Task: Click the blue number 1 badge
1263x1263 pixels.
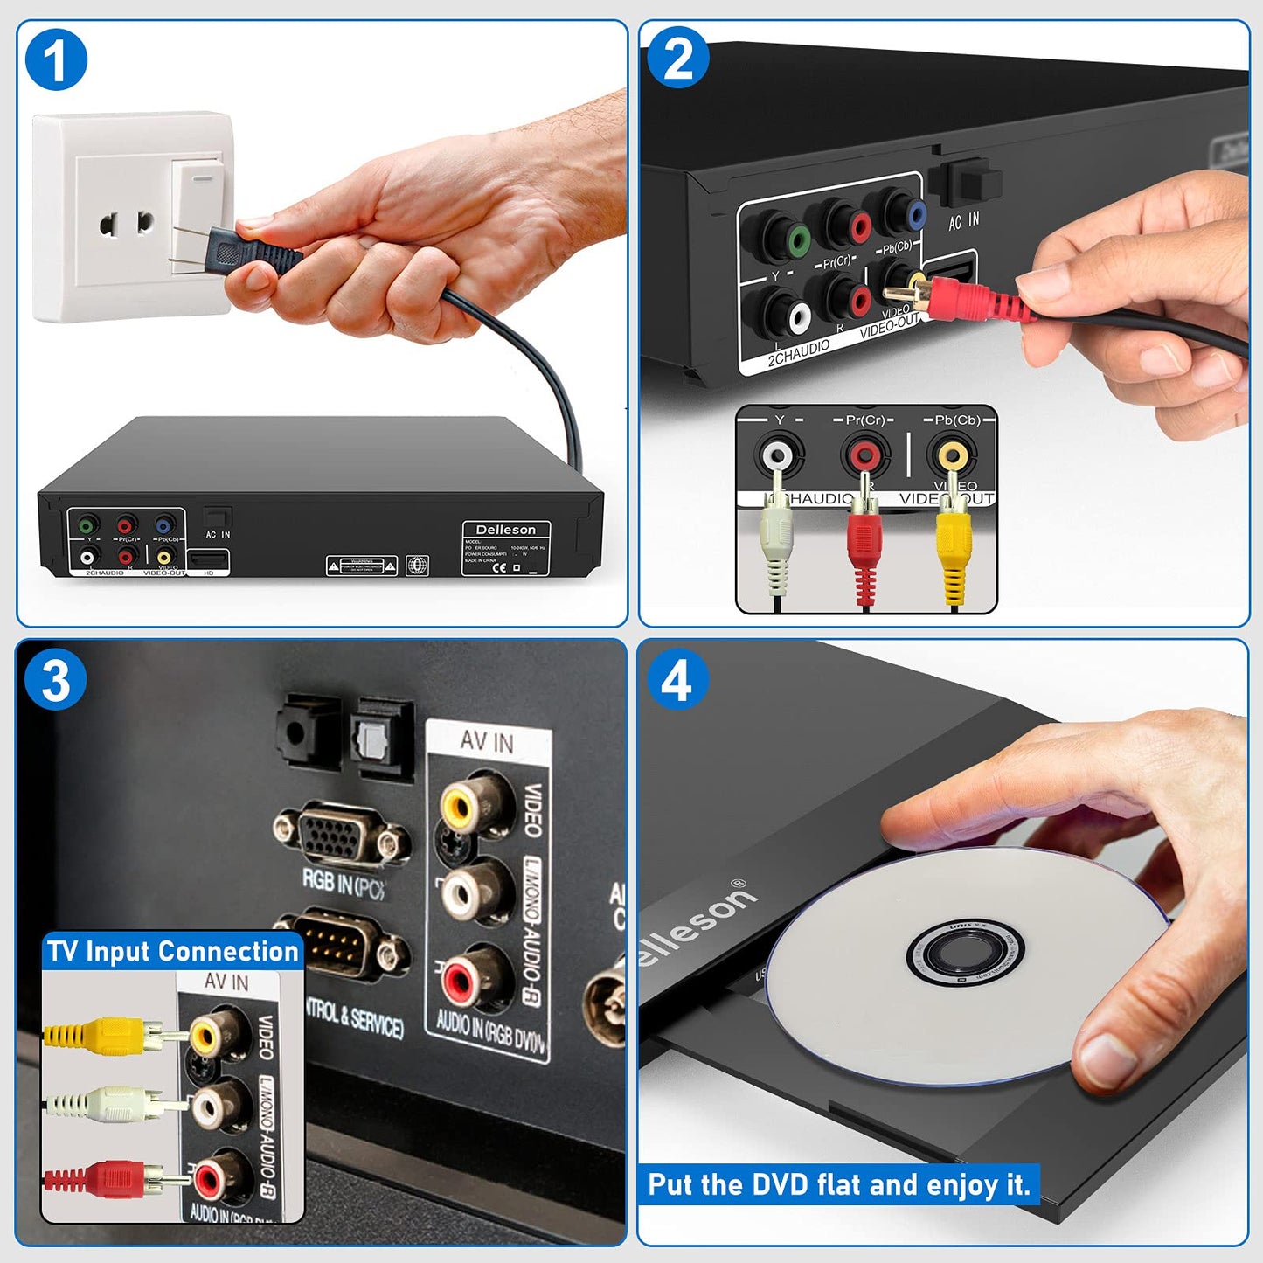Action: tap(56, 60)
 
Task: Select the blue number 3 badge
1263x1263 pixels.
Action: tap(56, 680)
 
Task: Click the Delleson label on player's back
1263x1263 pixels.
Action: tap(505, 530)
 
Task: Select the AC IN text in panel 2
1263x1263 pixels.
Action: tap(964, 222)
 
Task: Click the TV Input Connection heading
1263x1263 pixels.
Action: tap(172, 951)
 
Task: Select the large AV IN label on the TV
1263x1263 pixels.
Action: tap(487, 741)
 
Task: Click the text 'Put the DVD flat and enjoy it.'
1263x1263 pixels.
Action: tap(838, 1185)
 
